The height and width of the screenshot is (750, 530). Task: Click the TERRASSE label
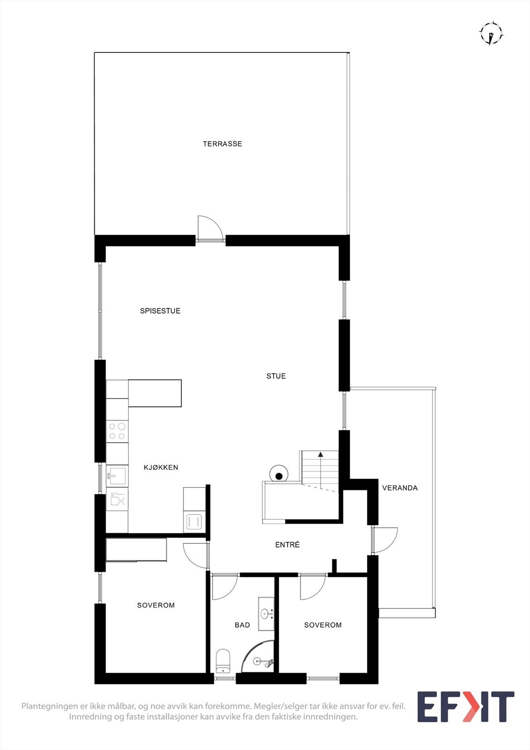click(222, 144)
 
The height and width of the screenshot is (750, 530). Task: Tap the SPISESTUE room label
click(160, 311)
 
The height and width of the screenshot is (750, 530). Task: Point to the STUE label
click(276, 376)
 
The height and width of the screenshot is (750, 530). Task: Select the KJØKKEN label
click(161, 467)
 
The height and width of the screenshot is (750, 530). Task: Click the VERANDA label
click(400, 488)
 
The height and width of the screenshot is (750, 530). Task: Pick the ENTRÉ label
click(287, 545)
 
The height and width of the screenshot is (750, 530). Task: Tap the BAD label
click(242, 625)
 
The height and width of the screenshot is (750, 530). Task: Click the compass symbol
click(491, 34)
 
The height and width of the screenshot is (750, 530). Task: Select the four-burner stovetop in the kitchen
click(117, 431)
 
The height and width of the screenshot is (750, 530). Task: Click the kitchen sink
click(117, 476)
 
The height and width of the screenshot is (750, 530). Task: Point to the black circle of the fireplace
click(279, 476)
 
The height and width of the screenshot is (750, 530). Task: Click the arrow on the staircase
click(321, 454)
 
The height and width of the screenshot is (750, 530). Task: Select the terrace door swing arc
click(210, 228)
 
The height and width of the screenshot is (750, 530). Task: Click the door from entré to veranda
click(385, 540)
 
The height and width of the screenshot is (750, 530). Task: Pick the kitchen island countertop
click(155, 393)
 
